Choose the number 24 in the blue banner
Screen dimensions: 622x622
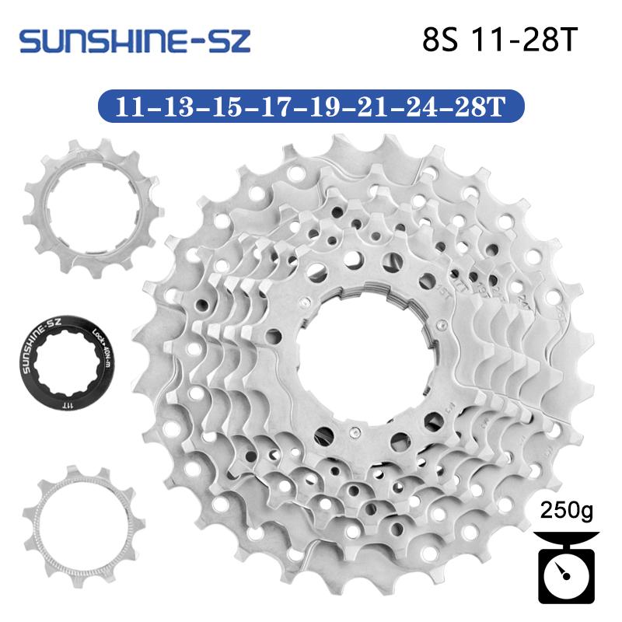click(424, 106)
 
